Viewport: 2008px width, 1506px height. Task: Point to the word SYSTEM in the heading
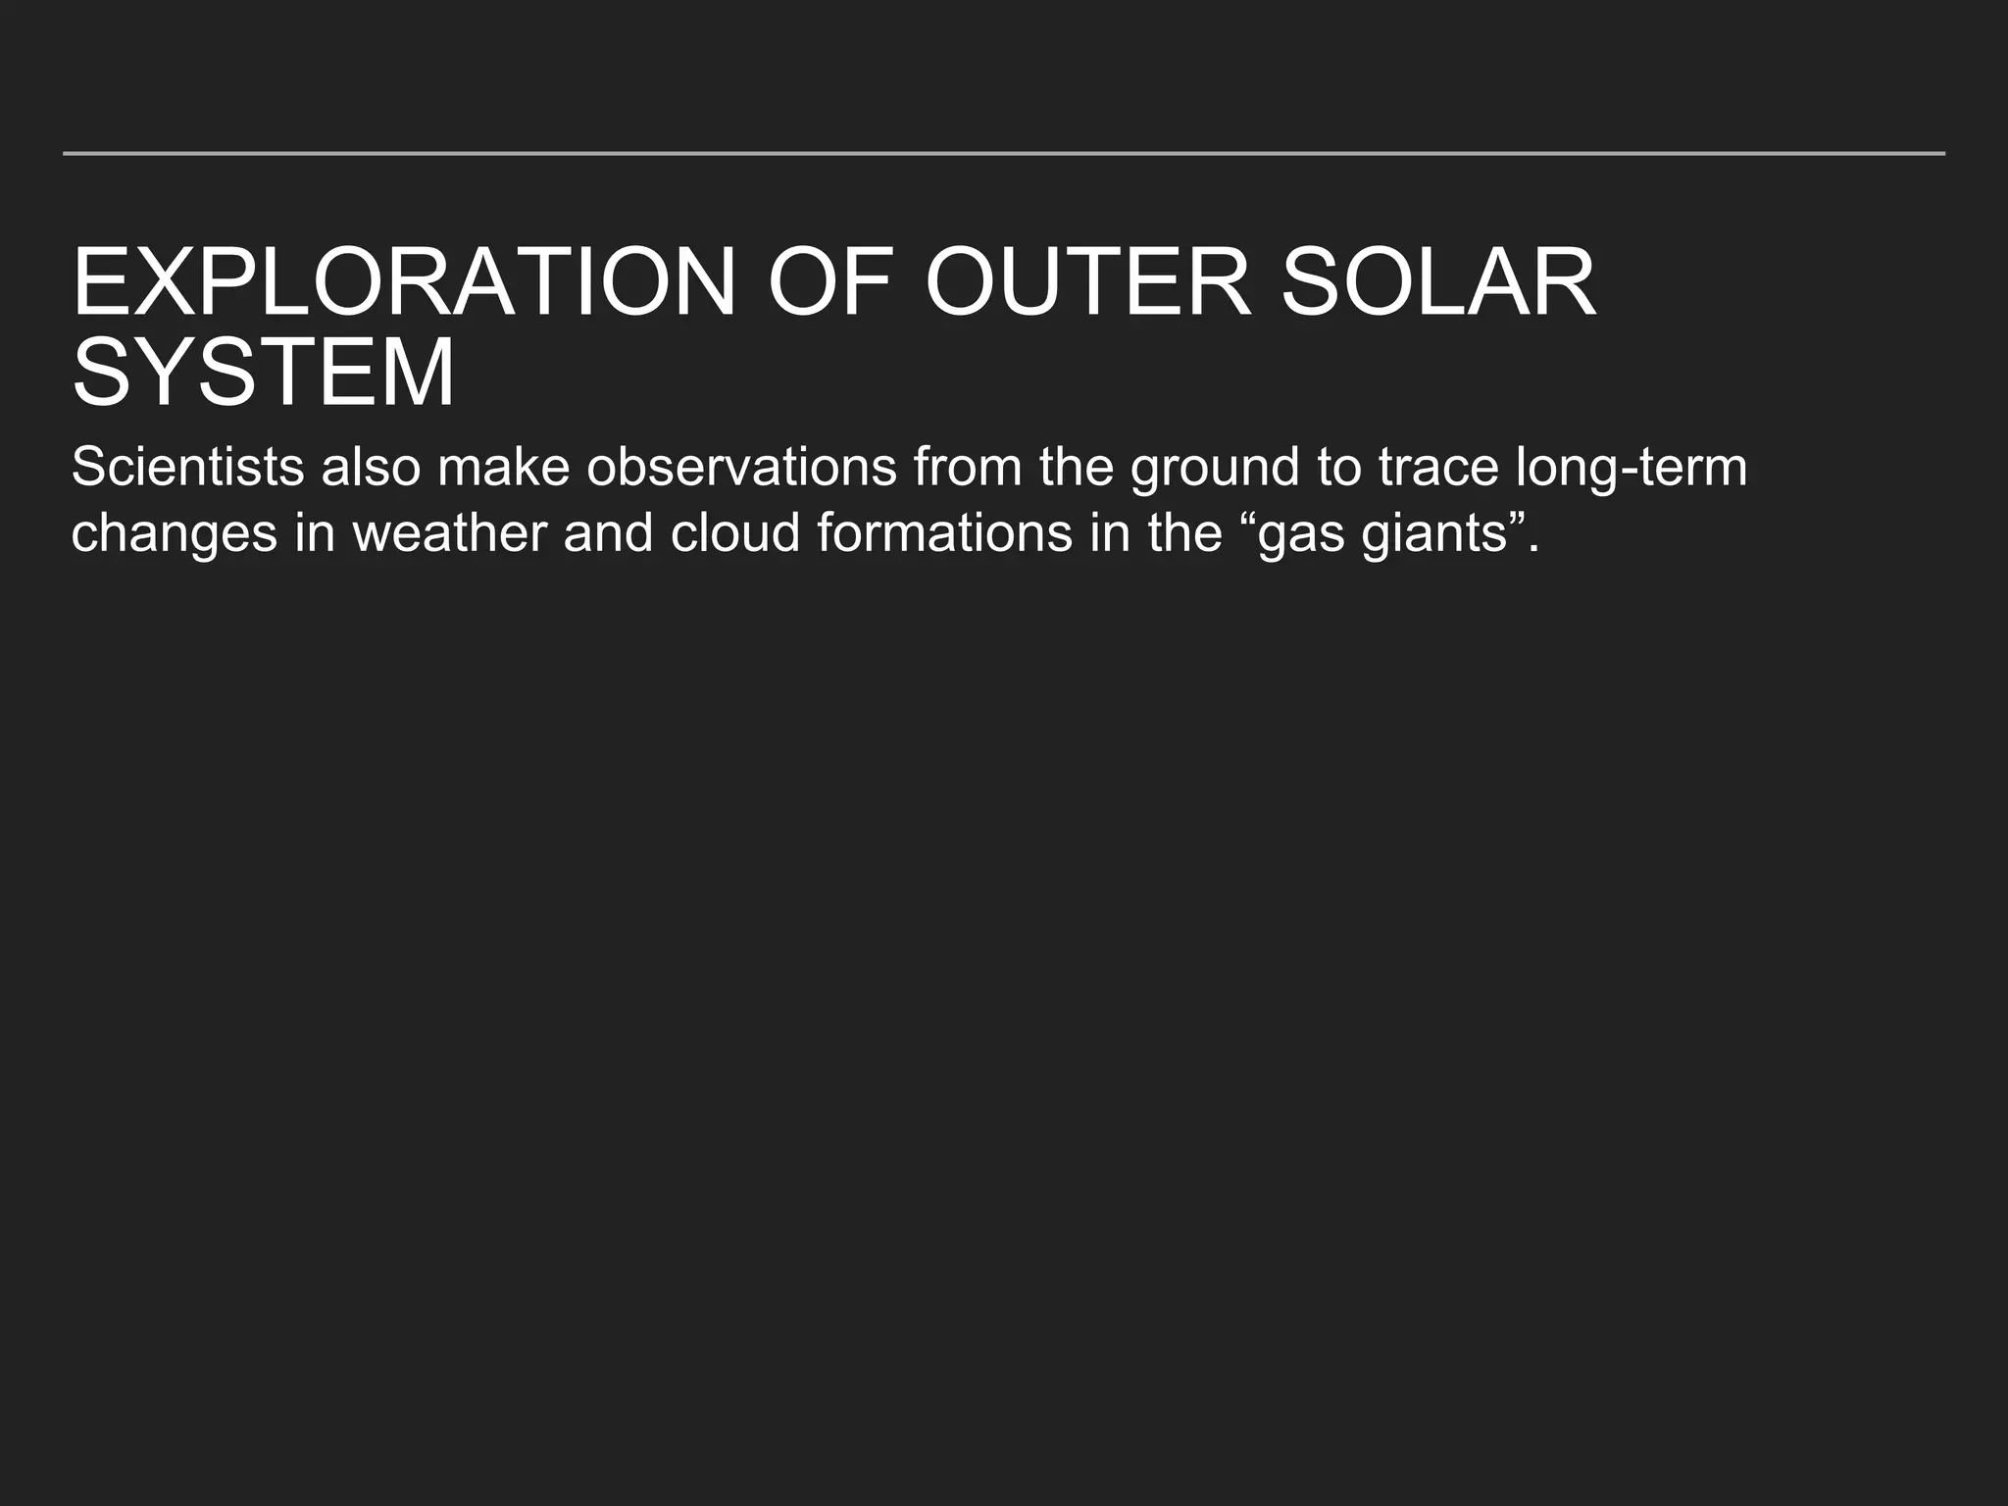[264, 374]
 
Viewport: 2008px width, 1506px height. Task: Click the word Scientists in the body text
[187, 467]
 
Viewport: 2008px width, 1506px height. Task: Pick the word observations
[741, 467]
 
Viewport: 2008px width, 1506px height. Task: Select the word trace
[1438, 467]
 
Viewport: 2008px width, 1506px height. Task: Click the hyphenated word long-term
[1631, 469]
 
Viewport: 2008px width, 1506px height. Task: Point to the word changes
[175, 535]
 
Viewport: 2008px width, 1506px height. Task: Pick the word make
[504, 467]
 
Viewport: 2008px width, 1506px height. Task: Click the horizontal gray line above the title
[1004, 153]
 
